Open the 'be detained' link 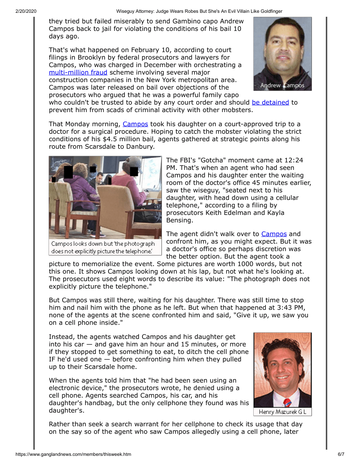coord(270,102)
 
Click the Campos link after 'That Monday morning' coord(135,124)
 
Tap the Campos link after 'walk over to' coord(274,234)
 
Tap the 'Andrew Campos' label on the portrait coord(282,85)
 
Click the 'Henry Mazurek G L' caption coord(282,412)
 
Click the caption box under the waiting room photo coord(103,248)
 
